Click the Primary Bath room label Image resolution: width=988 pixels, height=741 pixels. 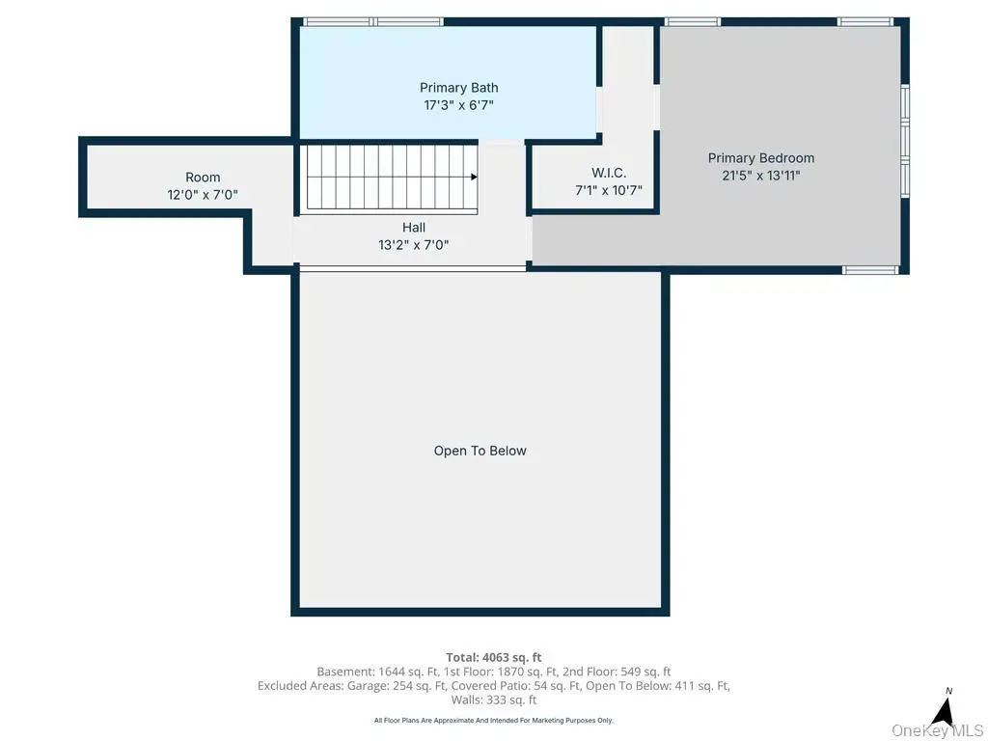point(458,88)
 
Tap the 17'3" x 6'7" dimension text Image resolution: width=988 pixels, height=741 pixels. point(458,105)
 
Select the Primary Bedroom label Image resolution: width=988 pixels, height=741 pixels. point(760,158)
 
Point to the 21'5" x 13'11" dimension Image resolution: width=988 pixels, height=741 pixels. point(760,176)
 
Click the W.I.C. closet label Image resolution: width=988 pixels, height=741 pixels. point(609,173)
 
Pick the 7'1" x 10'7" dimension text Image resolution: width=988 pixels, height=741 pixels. point(609,190)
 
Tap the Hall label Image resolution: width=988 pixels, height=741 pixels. point(414,228)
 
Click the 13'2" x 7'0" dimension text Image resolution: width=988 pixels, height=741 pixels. point(414,245)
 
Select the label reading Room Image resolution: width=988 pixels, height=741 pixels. point(203,178)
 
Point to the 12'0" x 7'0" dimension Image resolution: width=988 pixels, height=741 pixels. point(203,195)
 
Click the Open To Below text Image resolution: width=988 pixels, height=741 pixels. point(480,451)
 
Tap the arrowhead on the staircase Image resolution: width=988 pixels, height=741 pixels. point(474,178)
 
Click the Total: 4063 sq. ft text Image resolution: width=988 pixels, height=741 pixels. point(494,657)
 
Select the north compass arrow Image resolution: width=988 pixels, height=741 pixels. point(943,713)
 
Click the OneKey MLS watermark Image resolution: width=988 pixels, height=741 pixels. point(937,730)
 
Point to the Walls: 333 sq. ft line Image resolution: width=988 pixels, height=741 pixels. point(494,700)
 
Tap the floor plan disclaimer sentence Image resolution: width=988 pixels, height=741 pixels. point(494,720)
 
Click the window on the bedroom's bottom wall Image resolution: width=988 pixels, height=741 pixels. point(870,270)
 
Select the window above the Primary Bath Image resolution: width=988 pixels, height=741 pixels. point(373,22)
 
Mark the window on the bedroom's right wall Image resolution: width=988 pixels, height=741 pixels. point(905,142)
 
